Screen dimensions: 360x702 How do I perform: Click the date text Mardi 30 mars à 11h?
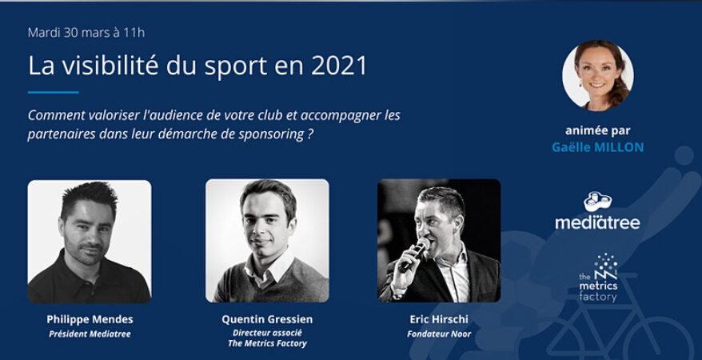(x=86, y=33)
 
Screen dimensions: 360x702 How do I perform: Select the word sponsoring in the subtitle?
(x=265, y=134)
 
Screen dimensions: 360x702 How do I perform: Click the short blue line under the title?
(x=53, y=93)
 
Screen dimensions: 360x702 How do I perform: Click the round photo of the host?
(x=597, y=75)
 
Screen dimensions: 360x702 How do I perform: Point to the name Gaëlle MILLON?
(x=597, y=147)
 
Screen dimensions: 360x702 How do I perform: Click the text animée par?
(x=597, y=131)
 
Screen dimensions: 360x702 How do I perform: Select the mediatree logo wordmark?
(x=597, y=222)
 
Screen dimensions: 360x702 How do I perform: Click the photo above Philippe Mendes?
(x=90, y=241)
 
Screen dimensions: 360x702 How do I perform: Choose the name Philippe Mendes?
(x=89, y=319)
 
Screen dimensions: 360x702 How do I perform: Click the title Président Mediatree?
(x=89, y=334)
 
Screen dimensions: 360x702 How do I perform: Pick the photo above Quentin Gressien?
(x=267, y=241)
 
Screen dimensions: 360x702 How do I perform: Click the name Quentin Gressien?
(x=267, y=319)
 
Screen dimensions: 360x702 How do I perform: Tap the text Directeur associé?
(x=267, y=333)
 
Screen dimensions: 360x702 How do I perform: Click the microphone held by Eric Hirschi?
(x=415, y=254)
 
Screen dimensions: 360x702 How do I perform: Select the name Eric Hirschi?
(x=438, y=319)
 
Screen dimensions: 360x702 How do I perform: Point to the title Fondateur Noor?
(x=438, y=334)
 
